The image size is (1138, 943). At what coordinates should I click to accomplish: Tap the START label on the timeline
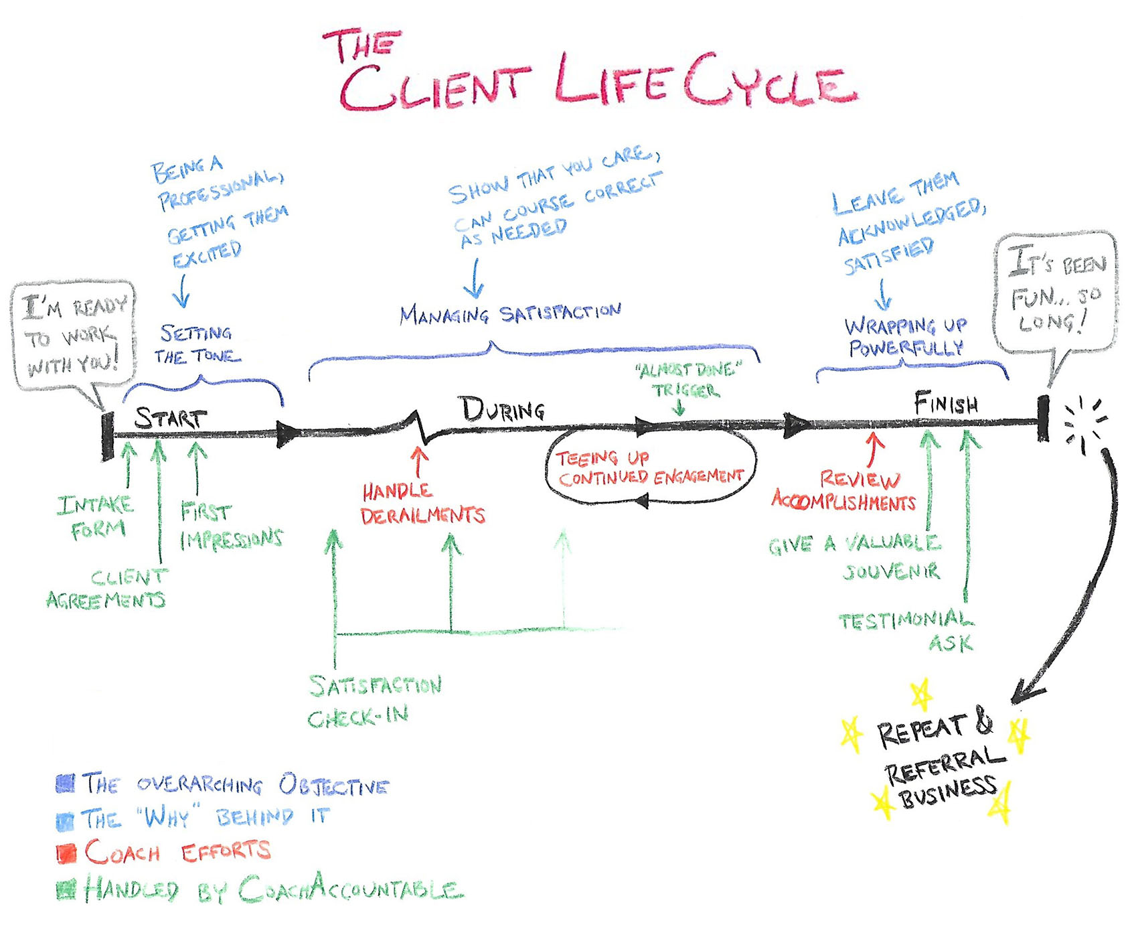tap(171, 418)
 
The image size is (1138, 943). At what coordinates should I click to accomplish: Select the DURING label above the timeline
tap(502, 409)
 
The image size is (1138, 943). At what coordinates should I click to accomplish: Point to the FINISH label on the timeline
tap(946, 404)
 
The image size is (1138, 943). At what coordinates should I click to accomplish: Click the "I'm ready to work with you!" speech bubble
tap(74, 335)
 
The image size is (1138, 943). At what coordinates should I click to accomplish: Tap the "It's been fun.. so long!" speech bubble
tap(1056, 293)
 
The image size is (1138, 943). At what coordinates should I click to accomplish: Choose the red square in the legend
tap(66, 853)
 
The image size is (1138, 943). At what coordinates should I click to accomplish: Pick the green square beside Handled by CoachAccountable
tap(66, 889)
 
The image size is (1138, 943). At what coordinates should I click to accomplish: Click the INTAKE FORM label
tap(96, 517)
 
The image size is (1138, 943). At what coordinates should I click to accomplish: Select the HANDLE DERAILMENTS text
tap(422, 504)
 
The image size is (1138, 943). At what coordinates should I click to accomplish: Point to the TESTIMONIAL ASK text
tap(907, 631)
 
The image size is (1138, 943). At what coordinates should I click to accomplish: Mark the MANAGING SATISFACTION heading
tap(510, 313)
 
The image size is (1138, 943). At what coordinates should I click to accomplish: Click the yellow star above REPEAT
tap(922, 695)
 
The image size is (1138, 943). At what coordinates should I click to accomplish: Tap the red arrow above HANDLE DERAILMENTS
tap(420, 462)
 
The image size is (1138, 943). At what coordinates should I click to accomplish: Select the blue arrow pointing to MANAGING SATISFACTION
tap(474, 278)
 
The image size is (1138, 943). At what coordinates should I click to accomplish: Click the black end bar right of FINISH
tap(1042, 419)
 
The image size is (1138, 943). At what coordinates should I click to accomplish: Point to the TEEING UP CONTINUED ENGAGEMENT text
tap(649, 467)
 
